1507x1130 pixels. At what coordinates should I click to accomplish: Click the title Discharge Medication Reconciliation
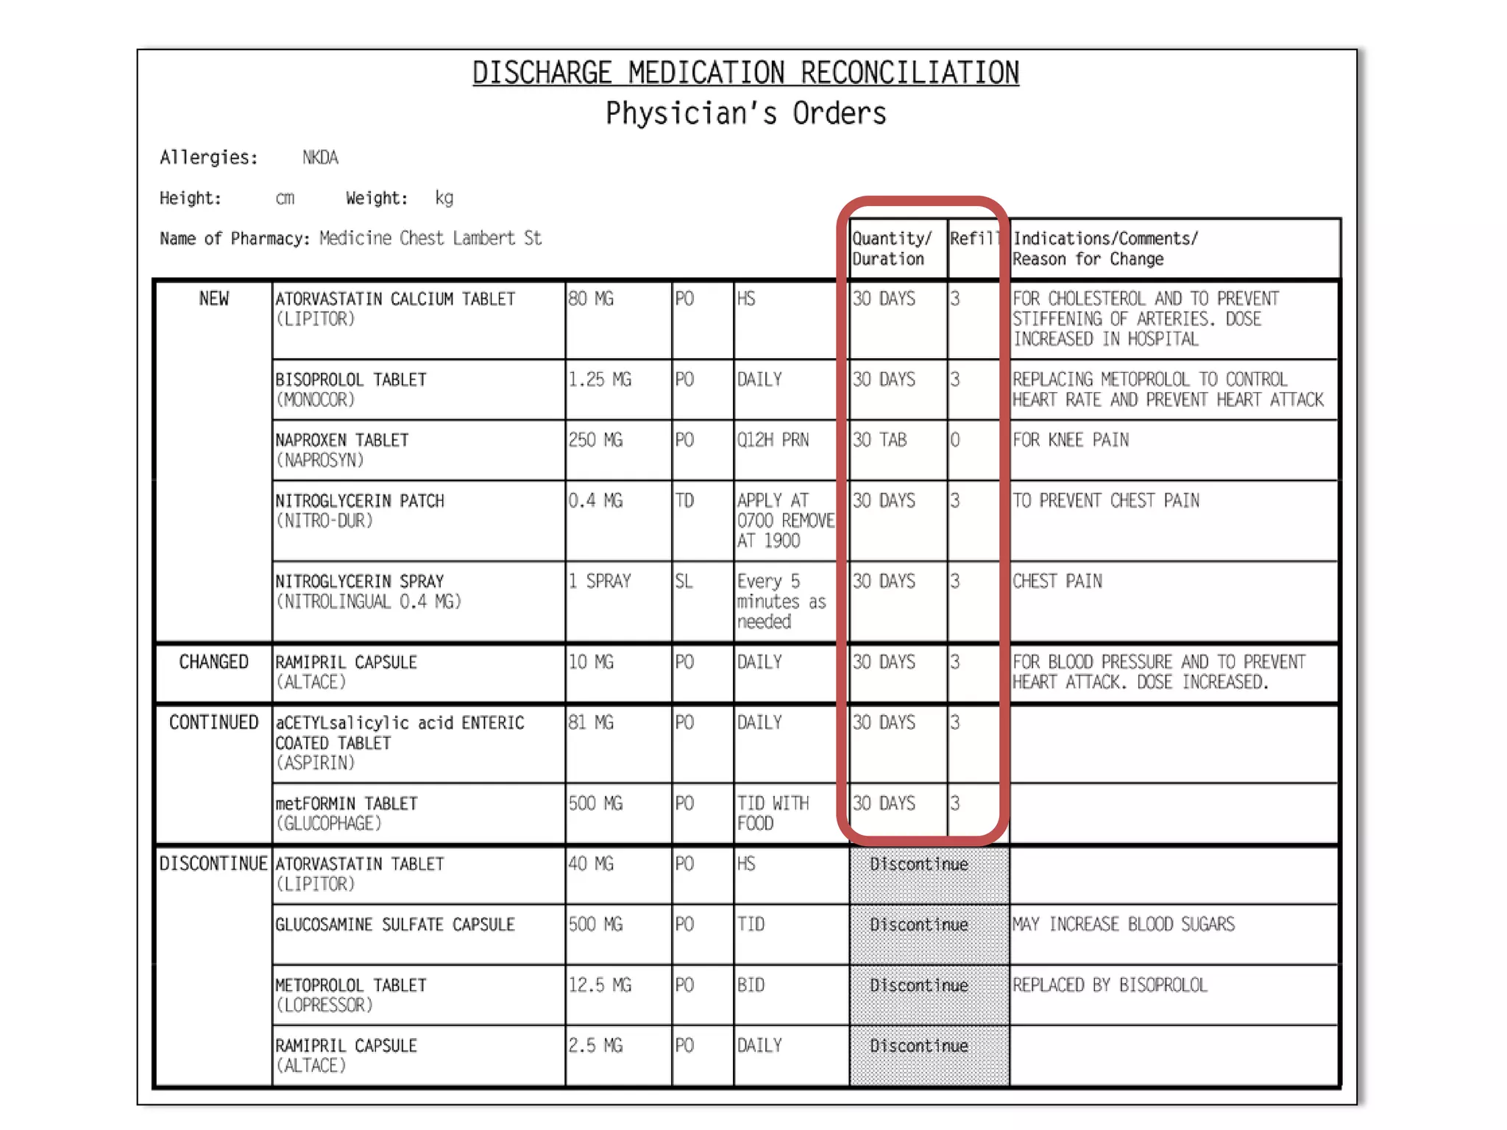pos(745,73)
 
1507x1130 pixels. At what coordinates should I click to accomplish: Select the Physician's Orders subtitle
pos(745,114)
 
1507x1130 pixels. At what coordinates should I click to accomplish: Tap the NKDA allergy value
pos(320,157)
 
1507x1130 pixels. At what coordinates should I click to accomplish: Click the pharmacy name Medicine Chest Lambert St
pos(430,238)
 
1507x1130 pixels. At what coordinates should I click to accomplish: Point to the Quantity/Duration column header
pos(891,249)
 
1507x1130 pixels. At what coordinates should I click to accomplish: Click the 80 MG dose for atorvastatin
pos(590,299)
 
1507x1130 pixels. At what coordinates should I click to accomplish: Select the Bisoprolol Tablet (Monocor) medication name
pos(350,389)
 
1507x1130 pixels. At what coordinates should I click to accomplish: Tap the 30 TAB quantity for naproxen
pos(879,440)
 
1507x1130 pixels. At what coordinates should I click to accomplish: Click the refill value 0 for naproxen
pos(954,440)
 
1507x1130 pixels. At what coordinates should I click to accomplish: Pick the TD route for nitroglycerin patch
pos(684,501)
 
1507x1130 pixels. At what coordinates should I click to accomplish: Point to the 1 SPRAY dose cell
pos(600,581)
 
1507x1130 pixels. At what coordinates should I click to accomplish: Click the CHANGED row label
pos(213,662)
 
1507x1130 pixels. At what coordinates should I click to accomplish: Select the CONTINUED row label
pos(213,722)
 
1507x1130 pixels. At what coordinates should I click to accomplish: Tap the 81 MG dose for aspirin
pos(590,722)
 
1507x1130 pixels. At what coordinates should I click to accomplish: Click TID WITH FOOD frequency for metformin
pos(772,813)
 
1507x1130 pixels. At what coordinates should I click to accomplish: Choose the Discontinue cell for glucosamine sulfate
pos(918,925)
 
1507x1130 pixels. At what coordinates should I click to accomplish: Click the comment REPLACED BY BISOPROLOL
pos(1109,985)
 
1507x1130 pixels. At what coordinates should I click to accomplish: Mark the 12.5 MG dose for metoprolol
pos(600,985)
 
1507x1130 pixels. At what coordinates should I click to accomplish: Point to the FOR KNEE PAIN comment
pos(1070,440)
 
